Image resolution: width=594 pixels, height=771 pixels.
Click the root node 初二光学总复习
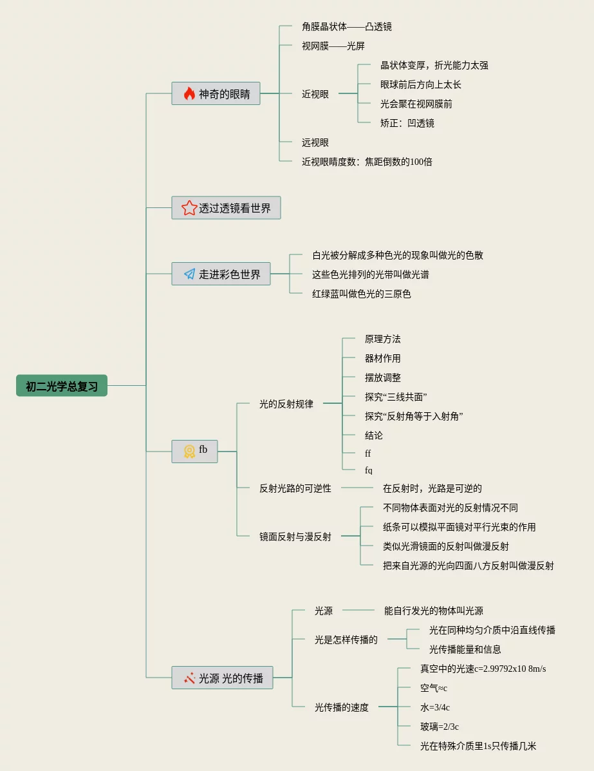coord(61,386)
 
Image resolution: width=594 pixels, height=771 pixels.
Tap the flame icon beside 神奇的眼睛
coord(189,93)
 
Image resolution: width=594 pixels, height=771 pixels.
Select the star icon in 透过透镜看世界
coord(189,207)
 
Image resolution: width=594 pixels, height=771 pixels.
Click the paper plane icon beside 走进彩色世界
coord(189,274)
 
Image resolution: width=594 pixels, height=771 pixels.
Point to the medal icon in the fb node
coord(189,452)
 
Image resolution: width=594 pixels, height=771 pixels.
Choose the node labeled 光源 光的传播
coord(222,678)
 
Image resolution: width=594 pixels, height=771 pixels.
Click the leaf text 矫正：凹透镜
coord(407,123)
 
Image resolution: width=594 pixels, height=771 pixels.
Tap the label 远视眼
coord(315,142)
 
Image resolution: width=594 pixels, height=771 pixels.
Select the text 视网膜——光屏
coord(333,46)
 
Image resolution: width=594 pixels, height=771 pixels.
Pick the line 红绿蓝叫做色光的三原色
coord(361,294)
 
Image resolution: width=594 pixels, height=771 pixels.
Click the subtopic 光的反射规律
coord(286,405)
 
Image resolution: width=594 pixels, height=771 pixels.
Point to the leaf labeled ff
coord(367,453)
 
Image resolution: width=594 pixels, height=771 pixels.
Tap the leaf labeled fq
coord(369,471)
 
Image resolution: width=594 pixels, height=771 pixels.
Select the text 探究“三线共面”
coord(396,397)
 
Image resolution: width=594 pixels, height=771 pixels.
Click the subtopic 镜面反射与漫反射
coord(295,537)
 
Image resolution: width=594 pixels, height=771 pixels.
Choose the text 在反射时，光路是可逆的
coord(432,488)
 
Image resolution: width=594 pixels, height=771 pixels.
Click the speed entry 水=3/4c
coord(435,708)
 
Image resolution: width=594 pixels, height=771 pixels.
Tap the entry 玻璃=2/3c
coord(440,727)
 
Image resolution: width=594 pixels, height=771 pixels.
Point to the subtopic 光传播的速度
coord(342,708)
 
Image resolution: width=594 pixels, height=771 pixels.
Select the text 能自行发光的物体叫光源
coord(433,611)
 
